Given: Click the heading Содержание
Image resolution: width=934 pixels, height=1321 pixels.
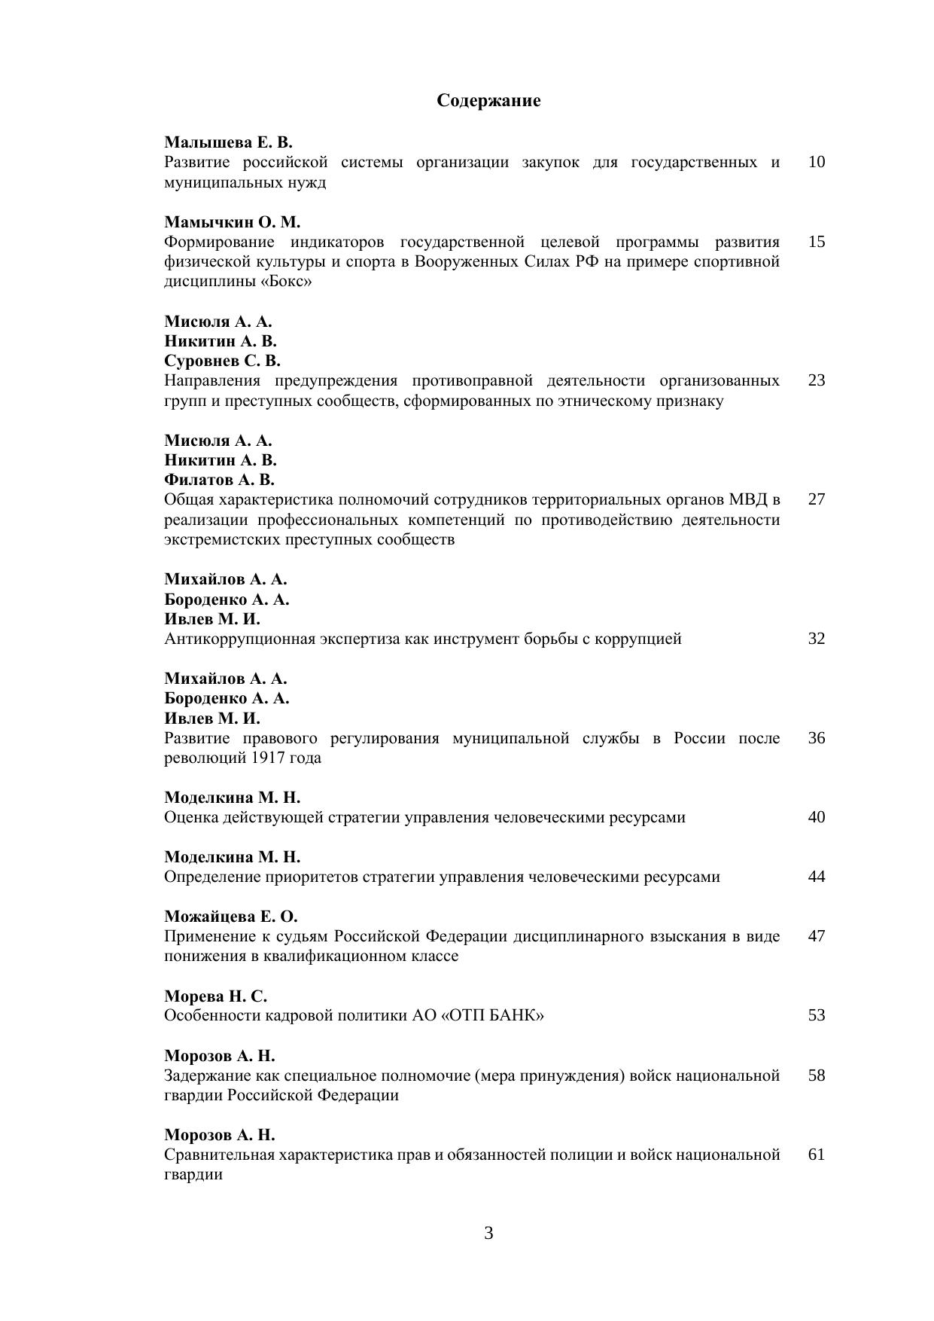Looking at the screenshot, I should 488,101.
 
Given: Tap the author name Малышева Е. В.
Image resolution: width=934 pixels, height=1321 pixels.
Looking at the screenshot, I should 228,142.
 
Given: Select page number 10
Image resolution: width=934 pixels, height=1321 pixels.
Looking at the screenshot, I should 816,162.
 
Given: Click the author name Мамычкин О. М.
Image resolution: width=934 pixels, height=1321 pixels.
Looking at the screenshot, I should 232,222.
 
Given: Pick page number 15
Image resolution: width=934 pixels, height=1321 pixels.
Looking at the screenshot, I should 816,242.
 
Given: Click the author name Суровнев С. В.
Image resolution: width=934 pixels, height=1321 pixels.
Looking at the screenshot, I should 222,361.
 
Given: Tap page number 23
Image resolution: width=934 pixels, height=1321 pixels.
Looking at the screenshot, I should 816,380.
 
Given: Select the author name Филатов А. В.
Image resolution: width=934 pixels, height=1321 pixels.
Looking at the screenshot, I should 219,480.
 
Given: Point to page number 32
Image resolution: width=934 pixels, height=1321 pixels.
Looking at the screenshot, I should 816,639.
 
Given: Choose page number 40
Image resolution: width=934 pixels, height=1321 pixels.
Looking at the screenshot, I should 816,817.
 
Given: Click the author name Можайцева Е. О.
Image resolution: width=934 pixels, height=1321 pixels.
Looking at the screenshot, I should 231,917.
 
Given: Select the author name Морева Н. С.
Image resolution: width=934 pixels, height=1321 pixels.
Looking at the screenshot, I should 216,996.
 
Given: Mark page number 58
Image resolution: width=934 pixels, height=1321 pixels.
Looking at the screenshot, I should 816,1075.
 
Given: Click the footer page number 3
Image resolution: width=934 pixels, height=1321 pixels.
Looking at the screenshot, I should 488,1234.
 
